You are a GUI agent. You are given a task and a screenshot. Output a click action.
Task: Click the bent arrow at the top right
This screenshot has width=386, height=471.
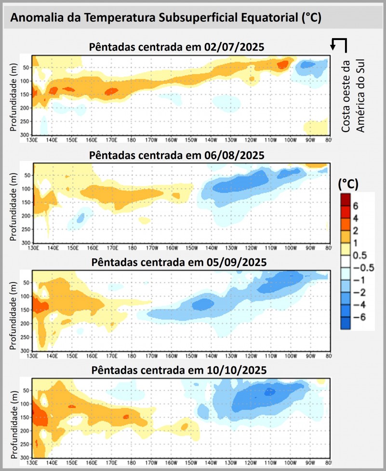pos(339,44)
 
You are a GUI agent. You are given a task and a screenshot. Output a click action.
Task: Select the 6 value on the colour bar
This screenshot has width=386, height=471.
pos(356,206)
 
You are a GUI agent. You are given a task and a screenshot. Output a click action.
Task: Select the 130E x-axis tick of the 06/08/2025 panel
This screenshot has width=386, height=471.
pos(34,248)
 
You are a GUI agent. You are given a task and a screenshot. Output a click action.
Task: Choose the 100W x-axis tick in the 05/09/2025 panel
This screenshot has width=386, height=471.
pos(290,356)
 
